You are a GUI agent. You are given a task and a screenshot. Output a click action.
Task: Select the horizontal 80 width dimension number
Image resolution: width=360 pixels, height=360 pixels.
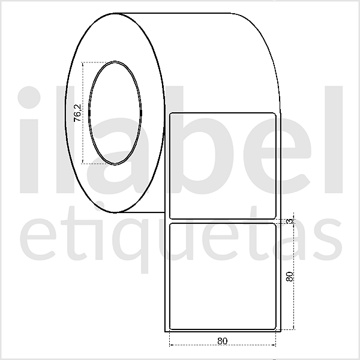223,341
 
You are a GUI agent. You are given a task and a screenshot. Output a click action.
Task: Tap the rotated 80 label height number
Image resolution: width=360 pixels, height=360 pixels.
290,277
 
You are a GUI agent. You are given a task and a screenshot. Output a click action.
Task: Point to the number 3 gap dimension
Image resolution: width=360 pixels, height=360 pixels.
290,221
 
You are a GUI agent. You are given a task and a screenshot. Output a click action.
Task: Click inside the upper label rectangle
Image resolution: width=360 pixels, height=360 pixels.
223,165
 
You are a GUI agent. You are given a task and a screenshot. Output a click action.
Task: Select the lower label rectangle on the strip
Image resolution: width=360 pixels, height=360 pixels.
223,276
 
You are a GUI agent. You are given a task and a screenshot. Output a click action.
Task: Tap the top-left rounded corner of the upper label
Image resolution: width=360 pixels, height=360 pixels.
173,114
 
